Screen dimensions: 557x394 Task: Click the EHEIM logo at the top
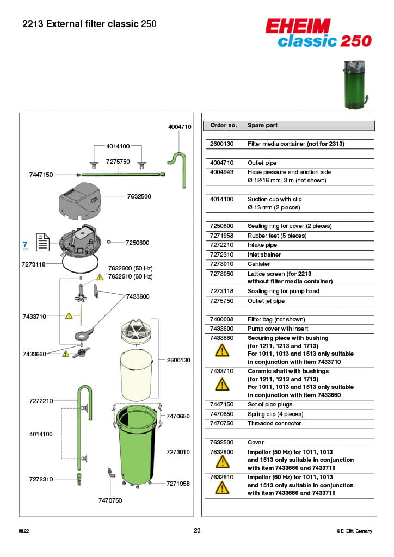click(x=298, y=26)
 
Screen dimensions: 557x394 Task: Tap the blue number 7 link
click(x=25, y=245)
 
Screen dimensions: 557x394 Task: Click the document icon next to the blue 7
click(x=43, y=243)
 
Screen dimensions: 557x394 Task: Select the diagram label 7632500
click(x=139, y=196)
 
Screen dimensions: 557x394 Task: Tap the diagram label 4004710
click(x=180, y=127)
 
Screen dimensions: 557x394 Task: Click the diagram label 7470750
click(x=110, y=500)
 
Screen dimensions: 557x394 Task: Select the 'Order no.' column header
click(x=223, y=125)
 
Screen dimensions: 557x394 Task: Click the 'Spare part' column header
click(x=262, y=125)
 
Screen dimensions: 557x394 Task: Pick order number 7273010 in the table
click(x=221, y=264)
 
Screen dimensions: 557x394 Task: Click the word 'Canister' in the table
click(x=259, y=264)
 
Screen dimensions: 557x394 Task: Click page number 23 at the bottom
click(x=197, y=531)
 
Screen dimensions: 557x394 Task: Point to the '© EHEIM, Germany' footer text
click(x=354, y=531)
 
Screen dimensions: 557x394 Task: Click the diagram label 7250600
click(x=137, y=243)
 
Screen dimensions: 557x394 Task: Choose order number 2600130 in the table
click(x=221, y=144)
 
